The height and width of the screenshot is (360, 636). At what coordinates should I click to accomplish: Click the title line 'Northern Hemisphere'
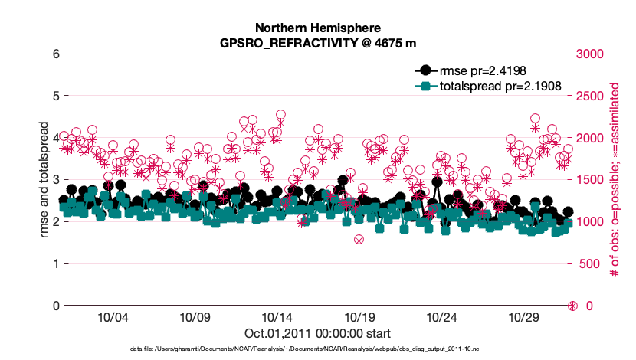pyautogui.click(x=318, y=26)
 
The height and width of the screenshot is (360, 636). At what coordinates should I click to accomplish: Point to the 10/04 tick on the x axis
pyautogui.click(x=113, y=317)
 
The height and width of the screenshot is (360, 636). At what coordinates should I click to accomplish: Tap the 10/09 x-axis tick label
pyautogui.click(x=195, y=317)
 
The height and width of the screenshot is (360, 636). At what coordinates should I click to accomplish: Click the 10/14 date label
pyautogui.click(x=277, y=317)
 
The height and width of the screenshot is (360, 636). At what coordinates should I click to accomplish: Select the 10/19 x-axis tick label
pyautogui.click(x=359, y=317)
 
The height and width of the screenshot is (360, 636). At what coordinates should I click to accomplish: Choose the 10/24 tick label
pyautogui.click(x=441, y=317)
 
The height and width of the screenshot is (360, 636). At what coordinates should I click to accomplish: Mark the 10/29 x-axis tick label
pyautogui.click(x=523, y=317)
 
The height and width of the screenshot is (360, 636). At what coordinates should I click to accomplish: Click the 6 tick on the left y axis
pyautogui.click(x=56, y=54)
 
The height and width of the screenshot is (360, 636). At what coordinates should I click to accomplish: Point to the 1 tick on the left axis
pyautogui.click(x=56, y=263)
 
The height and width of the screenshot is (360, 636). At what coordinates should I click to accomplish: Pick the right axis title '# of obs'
pyautogui.click(x=613, y=180)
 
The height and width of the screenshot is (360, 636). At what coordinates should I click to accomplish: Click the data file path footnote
pyautogui.click(x=318, y=349)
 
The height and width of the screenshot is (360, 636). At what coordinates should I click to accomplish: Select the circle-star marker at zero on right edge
pyautogui.click(x=572, y=306)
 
